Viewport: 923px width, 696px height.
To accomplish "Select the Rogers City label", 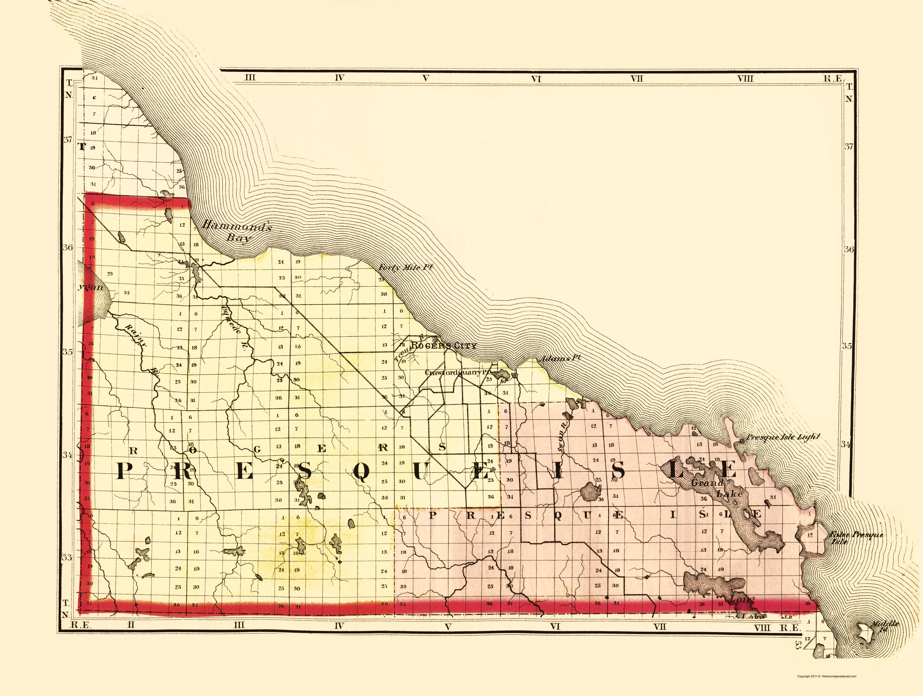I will pos(443,346).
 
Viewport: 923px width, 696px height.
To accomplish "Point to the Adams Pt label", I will pos(559,358).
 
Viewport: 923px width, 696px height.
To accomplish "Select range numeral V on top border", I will pos(425,78).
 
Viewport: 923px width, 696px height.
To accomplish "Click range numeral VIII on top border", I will pos(745,78).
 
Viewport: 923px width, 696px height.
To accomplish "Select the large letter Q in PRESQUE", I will pos(361,471).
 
